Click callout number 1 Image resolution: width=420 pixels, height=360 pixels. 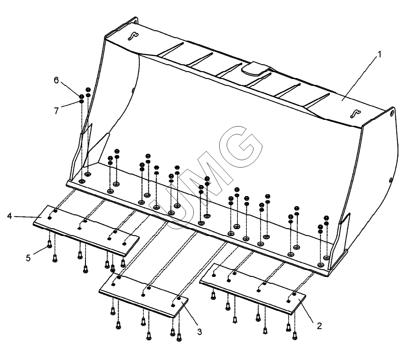(379, 55)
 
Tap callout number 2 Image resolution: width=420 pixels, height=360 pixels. (319, 326)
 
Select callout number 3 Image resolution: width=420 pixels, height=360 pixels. (199, 332)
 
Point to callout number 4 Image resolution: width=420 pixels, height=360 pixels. (10, 216)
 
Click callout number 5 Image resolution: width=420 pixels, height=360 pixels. (28, 258)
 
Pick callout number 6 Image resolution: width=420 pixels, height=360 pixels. (56, 80)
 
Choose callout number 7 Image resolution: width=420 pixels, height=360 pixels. (56, 111)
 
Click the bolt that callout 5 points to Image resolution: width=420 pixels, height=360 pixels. (49, 244)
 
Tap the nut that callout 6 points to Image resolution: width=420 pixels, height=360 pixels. (81, 96)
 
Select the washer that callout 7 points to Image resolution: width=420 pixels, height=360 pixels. (81, 101)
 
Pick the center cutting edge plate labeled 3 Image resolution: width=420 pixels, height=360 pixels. (143, 295)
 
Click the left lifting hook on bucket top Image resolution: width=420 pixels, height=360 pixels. (133, 36)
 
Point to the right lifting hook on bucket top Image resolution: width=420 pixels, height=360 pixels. (356, 114)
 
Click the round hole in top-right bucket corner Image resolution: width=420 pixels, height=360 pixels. (392, 112)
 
